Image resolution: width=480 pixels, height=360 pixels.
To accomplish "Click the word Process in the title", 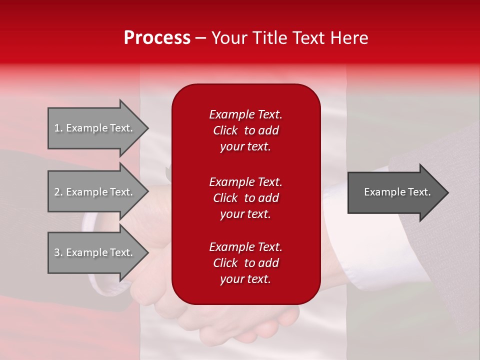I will [157, 38].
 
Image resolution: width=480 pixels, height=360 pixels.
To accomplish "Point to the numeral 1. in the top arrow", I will [58, 128].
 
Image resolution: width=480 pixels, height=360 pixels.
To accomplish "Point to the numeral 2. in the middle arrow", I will [58, 192].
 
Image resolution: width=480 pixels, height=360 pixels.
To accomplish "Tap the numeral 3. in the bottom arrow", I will [58, 252].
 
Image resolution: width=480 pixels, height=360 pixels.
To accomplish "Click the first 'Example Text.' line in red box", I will [245, 114].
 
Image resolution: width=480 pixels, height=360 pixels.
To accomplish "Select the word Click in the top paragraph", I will [225, 130].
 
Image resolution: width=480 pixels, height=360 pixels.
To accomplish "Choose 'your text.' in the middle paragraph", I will [245, 214].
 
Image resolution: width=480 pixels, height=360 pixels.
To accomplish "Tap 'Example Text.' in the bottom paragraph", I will [245, 247].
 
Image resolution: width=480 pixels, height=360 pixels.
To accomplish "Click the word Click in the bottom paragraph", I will [225, 263].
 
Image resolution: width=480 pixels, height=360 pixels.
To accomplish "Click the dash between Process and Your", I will [201, 38].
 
